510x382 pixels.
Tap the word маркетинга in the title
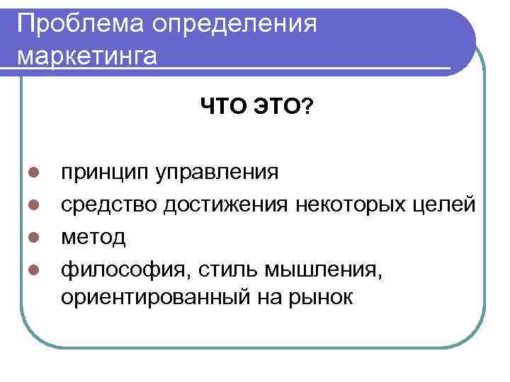tap(87, 56)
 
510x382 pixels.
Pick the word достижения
tap(226, 205)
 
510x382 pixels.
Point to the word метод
tap(93, 237)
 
